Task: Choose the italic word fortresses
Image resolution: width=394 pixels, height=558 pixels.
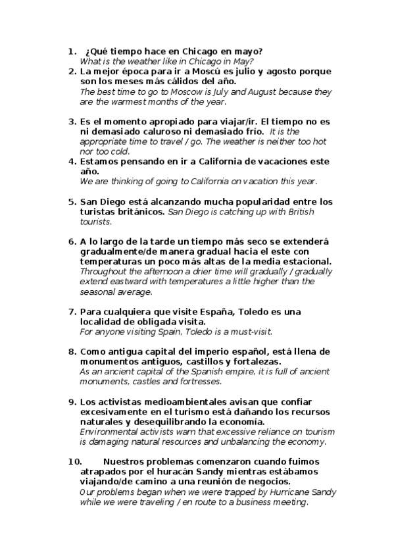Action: click(199, 382)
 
